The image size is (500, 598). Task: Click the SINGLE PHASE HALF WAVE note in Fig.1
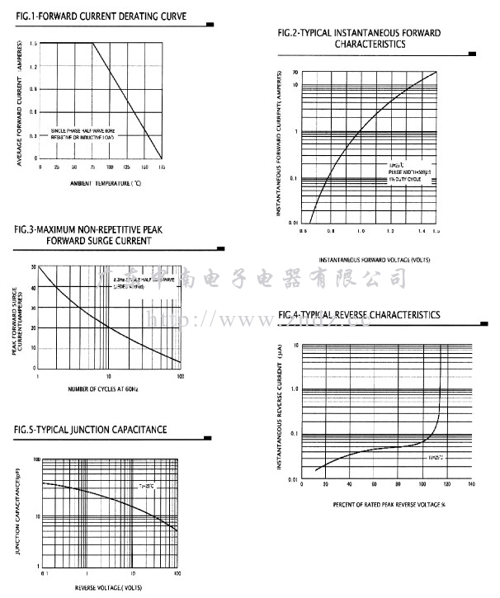[x=88, y=130]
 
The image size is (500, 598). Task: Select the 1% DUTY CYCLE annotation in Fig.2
[x=405, y=178]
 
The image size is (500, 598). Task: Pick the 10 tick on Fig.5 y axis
[x=35, y=517]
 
